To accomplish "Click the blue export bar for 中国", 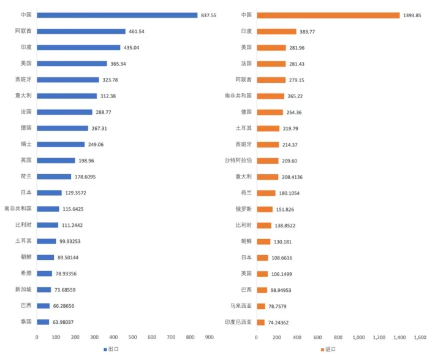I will (x=117, y=15).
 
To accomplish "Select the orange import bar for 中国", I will (x=328, y=15).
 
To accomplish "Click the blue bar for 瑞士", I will (x=61, y=144).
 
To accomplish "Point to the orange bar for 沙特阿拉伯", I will (x=267, y=161).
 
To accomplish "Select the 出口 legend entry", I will (x=112, y=350).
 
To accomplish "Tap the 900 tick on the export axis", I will (x=209, y=337).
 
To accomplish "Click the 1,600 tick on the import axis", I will (x=420, y=337).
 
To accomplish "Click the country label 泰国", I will (x=26, y=322).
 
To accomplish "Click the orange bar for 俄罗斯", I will (x=264, y=209).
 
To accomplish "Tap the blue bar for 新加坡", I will (x=43, y=289).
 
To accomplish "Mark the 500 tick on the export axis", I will (x=132, y=337).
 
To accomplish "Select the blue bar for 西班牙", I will (x=67, y=80).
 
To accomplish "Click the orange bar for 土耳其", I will (x=268, y=128).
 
